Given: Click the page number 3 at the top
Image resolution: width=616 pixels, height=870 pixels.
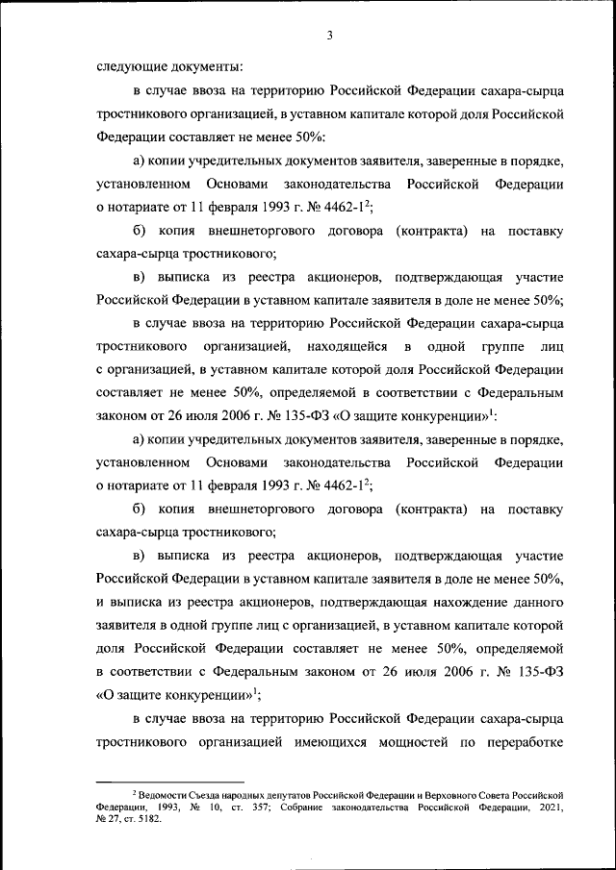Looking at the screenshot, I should tap(329, 37).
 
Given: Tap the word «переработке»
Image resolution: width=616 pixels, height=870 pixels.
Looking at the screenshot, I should tap(521, 742).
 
